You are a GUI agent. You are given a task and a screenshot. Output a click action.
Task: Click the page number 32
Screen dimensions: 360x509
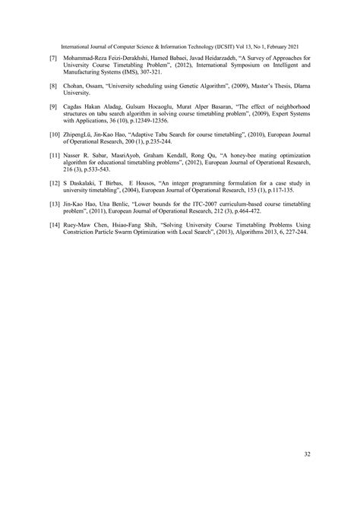click(x=307, y=454)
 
